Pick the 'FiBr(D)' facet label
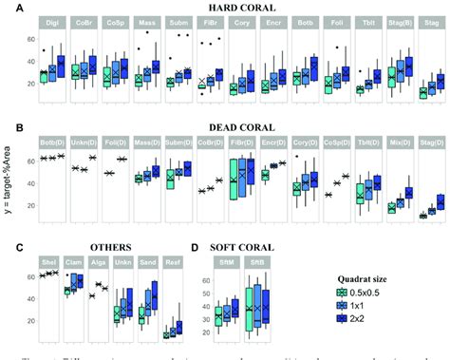point(238,141)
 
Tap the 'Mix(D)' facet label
point(399,141)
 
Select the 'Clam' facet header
point(73,262)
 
